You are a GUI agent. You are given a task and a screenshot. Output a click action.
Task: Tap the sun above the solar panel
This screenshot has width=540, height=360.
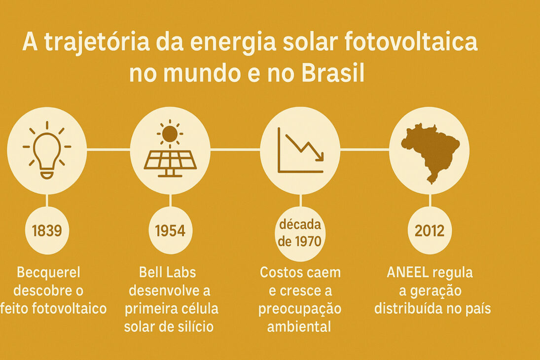tap(170, 134)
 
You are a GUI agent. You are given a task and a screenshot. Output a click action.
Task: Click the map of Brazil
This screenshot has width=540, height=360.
tap(430, 151)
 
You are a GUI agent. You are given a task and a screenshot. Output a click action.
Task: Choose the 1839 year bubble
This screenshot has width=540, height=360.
tap(47, 230)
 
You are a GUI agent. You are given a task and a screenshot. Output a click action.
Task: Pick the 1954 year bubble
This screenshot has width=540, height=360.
tap(170, 230)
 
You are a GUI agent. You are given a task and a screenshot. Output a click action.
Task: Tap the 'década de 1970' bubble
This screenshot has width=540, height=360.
tap(300, 233)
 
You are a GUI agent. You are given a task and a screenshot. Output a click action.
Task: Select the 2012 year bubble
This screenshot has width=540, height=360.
tap(430, 230)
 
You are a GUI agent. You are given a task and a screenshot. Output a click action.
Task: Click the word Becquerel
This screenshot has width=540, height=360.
tap(48, 272)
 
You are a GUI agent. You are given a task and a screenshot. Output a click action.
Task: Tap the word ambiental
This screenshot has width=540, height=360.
tap(300, 326)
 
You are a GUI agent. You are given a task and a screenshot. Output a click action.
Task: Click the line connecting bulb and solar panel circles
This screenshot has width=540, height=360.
tap(108, 149)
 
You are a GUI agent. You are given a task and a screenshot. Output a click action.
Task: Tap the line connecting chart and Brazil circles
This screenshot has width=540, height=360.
tap(364, 149)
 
